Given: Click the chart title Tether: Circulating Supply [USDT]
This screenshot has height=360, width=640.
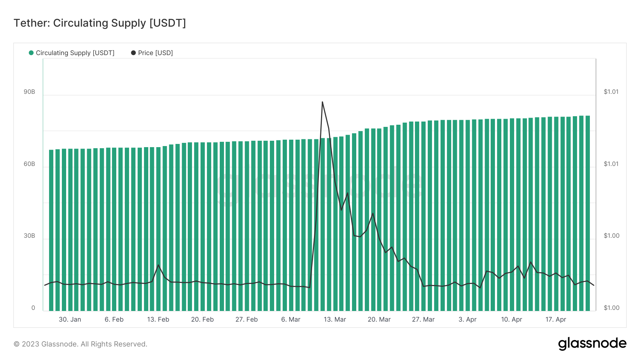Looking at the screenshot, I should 100,23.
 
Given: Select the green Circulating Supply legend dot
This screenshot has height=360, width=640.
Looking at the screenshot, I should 31,53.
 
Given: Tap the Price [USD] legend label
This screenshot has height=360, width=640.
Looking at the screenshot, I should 155,53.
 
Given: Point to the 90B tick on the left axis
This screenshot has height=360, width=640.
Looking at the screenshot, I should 30,92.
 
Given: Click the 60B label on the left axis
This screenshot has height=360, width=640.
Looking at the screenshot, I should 30,164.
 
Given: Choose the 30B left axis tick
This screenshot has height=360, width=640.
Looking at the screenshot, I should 30,236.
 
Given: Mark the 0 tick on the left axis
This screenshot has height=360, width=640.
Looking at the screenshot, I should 33,308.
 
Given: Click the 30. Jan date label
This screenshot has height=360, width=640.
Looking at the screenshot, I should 70,319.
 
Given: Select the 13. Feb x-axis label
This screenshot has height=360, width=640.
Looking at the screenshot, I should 158,319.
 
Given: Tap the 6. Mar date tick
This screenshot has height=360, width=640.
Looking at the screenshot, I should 291,319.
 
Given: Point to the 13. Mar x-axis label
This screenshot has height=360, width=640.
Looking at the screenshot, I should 335,319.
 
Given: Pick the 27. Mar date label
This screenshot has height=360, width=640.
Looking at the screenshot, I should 423,319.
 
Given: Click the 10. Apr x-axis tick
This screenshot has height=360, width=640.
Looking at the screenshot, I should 512,319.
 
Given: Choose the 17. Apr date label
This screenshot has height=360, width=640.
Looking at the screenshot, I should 556,319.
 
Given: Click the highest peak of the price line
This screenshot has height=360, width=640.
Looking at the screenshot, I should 322,102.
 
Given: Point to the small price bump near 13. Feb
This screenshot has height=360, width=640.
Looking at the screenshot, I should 158,265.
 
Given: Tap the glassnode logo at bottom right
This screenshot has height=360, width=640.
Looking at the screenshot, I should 592,344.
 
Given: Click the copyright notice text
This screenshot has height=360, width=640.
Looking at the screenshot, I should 80,344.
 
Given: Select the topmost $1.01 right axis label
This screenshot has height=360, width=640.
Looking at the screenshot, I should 611,92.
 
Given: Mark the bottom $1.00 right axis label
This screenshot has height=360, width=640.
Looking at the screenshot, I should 612,308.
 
